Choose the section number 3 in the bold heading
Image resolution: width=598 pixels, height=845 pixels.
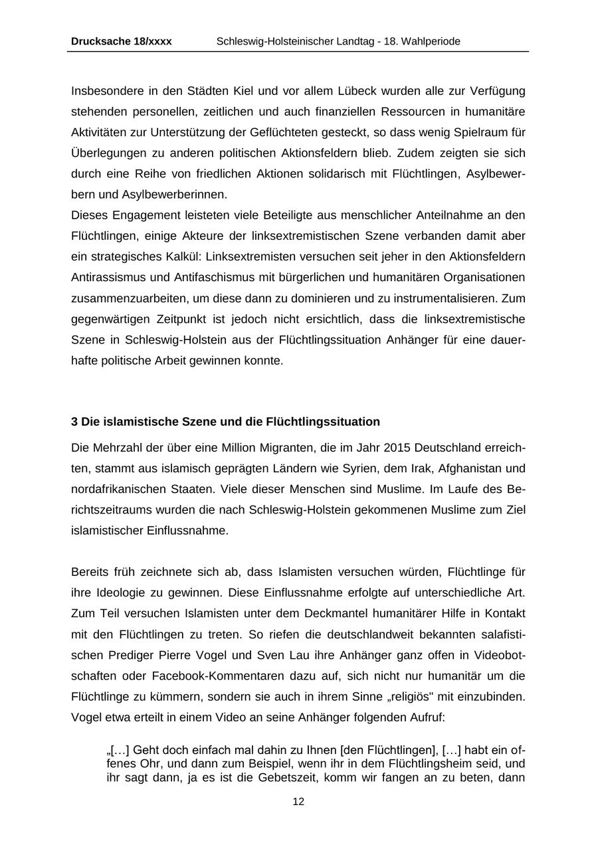click(x=74, y=422)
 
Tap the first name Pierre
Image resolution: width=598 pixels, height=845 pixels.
click(x=175, y=655)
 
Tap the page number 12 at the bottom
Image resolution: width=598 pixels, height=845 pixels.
click(x=298, y=802)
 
